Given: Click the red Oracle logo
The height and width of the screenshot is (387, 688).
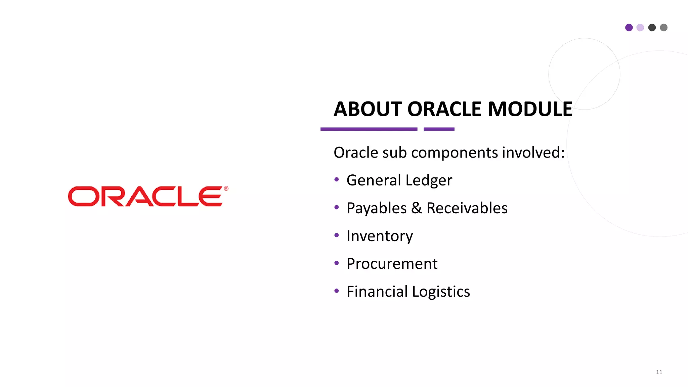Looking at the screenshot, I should point(145,197).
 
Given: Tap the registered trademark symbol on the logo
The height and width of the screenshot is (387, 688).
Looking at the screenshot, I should point(226,189).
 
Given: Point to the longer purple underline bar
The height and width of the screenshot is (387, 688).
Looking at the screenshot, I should point(369,129).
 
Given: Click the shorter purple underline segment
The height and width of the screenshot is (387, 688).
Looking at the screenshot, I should point(439,129).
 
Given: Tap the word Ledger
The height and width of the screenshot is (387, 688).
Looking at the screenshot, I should point(429,180).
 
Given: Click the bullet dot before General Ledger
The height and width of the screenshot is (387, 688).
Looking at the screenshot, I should point(337,179).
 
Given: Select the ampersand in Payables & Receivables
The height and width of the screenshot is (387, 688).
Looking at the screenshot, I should point(416,208).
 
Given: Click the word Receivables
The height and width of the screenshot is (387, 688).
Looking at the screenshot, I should point(467,208).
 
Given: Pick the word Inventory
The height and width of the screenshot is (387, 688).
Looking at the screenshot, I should point(380,236).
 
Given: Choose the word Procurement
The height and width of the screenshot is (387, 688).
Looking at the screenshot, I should point(392,264).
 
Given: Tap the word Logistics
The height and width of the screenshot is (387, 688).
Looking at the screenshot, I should point(441,292).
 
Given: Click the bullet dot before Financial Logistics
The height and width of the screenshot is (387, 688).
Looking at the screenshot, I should point(337,291).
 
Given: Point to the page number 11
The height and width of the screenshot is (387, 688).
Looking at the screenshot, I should point(659,372).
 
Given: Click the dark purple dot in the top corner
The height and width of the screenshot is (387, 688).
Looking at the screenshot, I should point(629,28).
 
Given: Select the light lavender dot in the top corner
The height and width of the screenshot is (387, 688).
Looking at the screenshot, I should point(640,28).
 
